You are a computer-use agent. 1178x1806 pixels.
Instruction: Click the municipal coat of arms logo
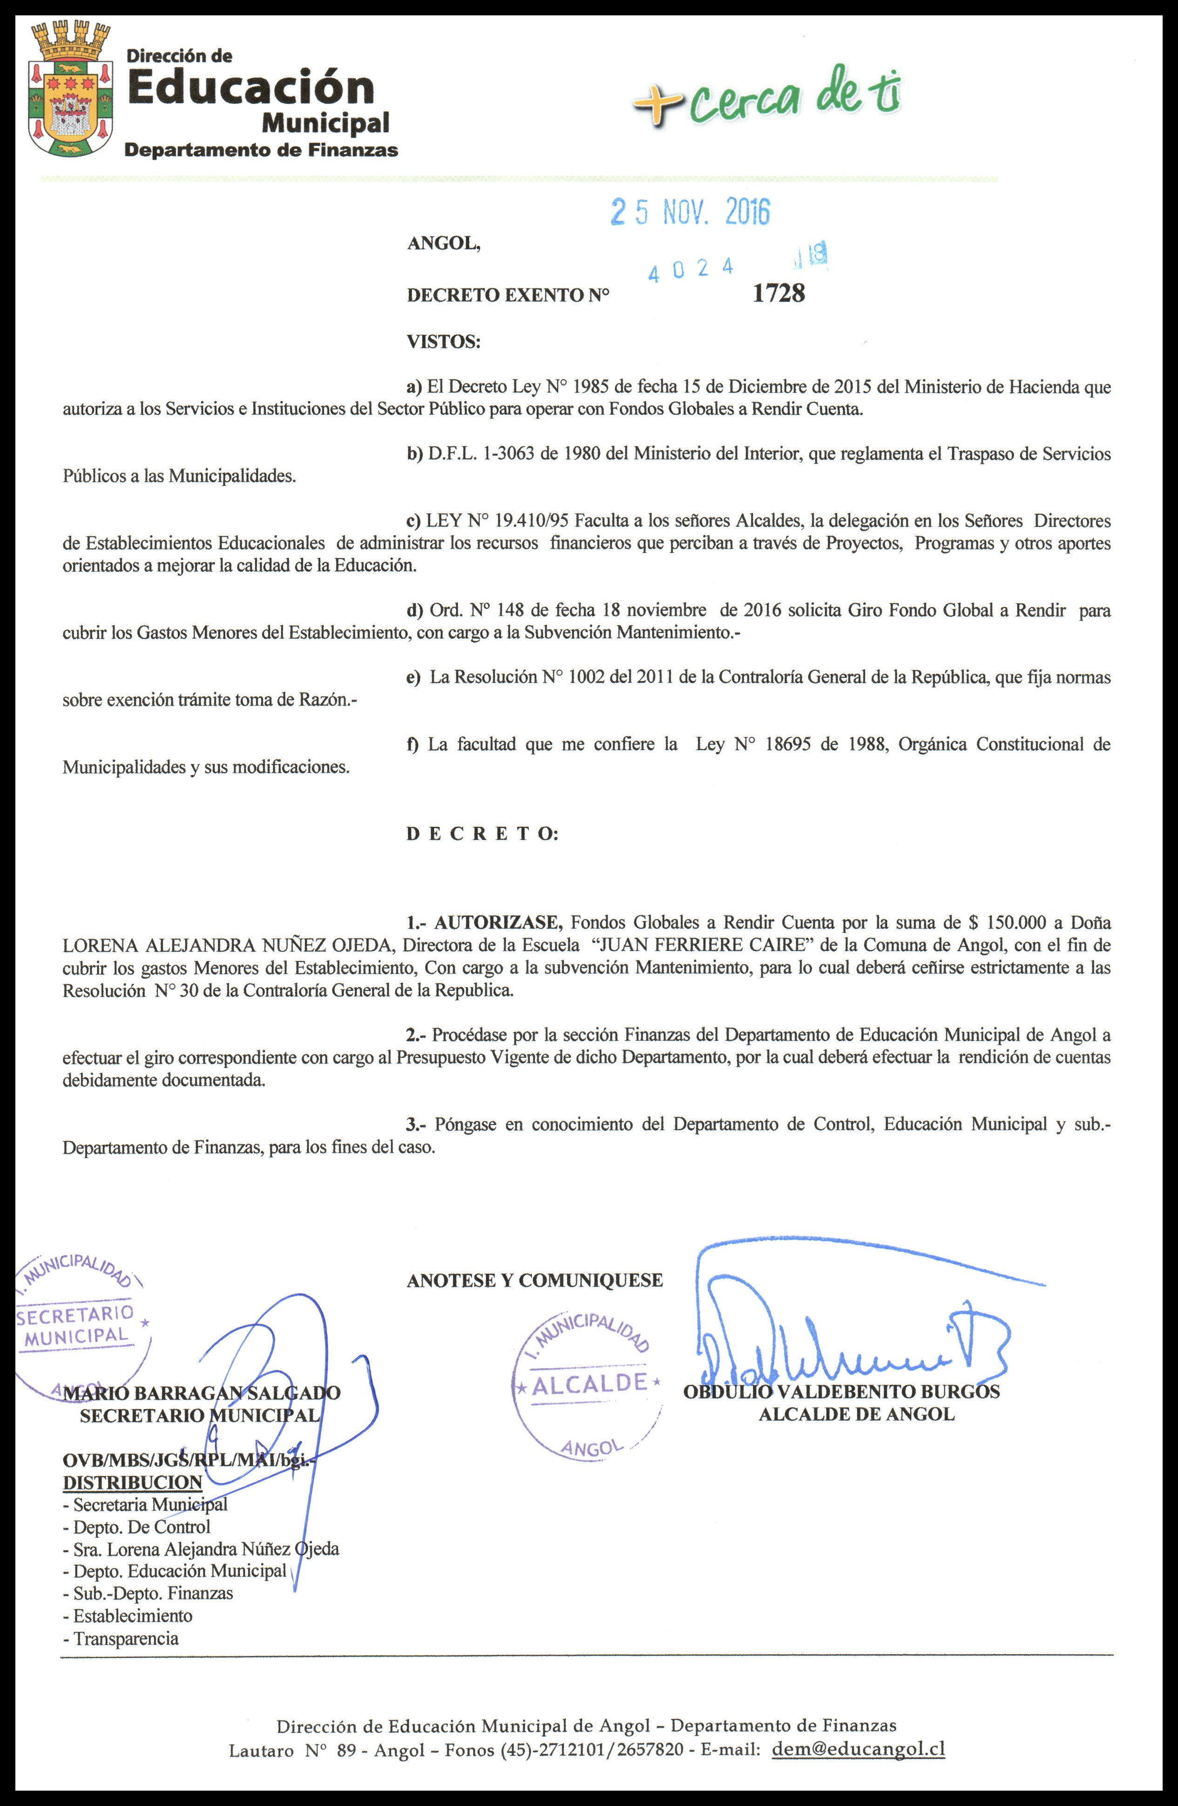click(70, 89)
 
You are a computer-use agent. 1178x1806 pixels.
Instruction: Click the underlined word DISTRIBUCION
click(133, 1482)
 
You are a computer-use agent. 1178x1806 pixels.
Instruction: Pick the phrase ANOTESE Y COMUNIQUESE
click(535, 1280)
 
